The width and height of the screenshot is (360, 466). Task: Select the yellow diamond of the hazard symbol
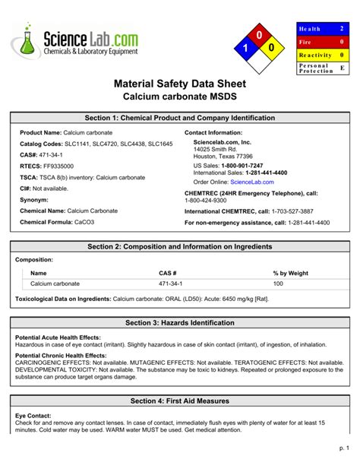pyautogui.click(x=273, y=49)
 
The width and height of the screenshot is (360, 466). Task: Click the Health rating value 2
pyautogui.click(x=342, y=28)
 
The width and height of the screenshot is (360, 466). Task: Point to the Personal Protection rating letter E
pyautogui.click(x=342, y=68)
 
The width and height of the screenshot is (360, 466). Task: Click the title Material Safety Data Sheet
pyautogui.click(x=180, y=85)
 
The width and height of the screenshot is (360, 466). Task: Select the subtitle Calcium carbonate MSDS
pyautogui.click(x=180, y=99)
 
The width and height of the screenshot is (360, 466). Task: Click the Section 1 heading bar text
pyautogui.click(x=180, y=119)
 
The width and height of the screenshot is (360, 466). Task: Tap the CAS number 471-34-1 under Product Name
pyautogui.click(x=49, y=154)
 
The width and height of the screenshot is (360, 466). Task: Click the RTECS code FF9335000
pyautogui.click(x=58, y=166)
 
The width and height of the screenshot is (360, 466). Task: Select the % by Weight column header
pyautogui.click(x=290, y=272)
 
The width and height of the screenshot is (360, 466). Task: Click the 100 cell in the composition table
pyautogui.click(x=278, y=284)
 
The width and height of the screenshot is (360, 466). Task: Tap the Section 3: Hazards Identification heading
pyautogui.click(x=180, y=323)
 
